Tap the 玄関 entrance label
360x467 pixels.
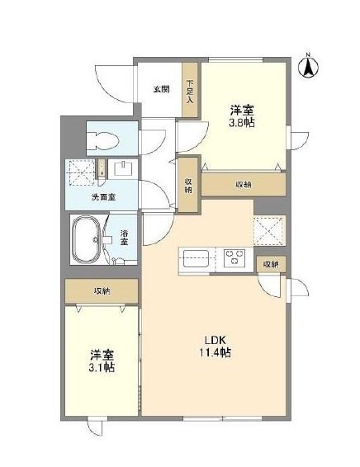[x=161, y=89]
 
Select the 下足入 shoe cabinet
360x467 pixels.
[x=190, y=90]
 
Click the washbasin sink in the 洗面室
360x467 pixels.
[x=123, y=168]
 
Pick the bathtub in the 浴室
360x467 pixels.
[x=88, y=239]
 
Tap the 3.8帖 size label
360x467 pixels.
[x=241, y=123]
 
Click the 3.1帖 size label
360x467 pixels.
[x=102, y=368]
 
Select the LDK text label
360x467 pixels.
[x=215, y=340]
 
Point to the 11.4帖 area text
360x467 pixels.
[x=215, y=352]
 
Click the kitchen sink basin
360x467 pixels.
[x=196, y=258]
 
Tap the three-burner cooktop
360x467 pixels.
[x=234, y=257]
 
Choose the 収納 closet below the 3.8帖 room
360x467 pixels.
[x=244, y=184]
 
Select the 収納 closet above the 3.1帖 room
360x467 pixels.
[x=102, y=291]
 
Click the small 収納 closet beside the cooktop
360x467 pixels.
[x=271, y=264]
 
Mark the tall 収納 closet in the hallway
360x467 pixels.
[x=188, y=185]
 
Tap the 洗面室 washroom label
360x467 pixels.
[x=103, y=197]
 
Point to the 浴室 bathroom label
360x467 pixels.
[x=124, y=237]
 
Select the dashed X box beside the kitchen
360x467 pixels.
[x=268, y=231]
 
